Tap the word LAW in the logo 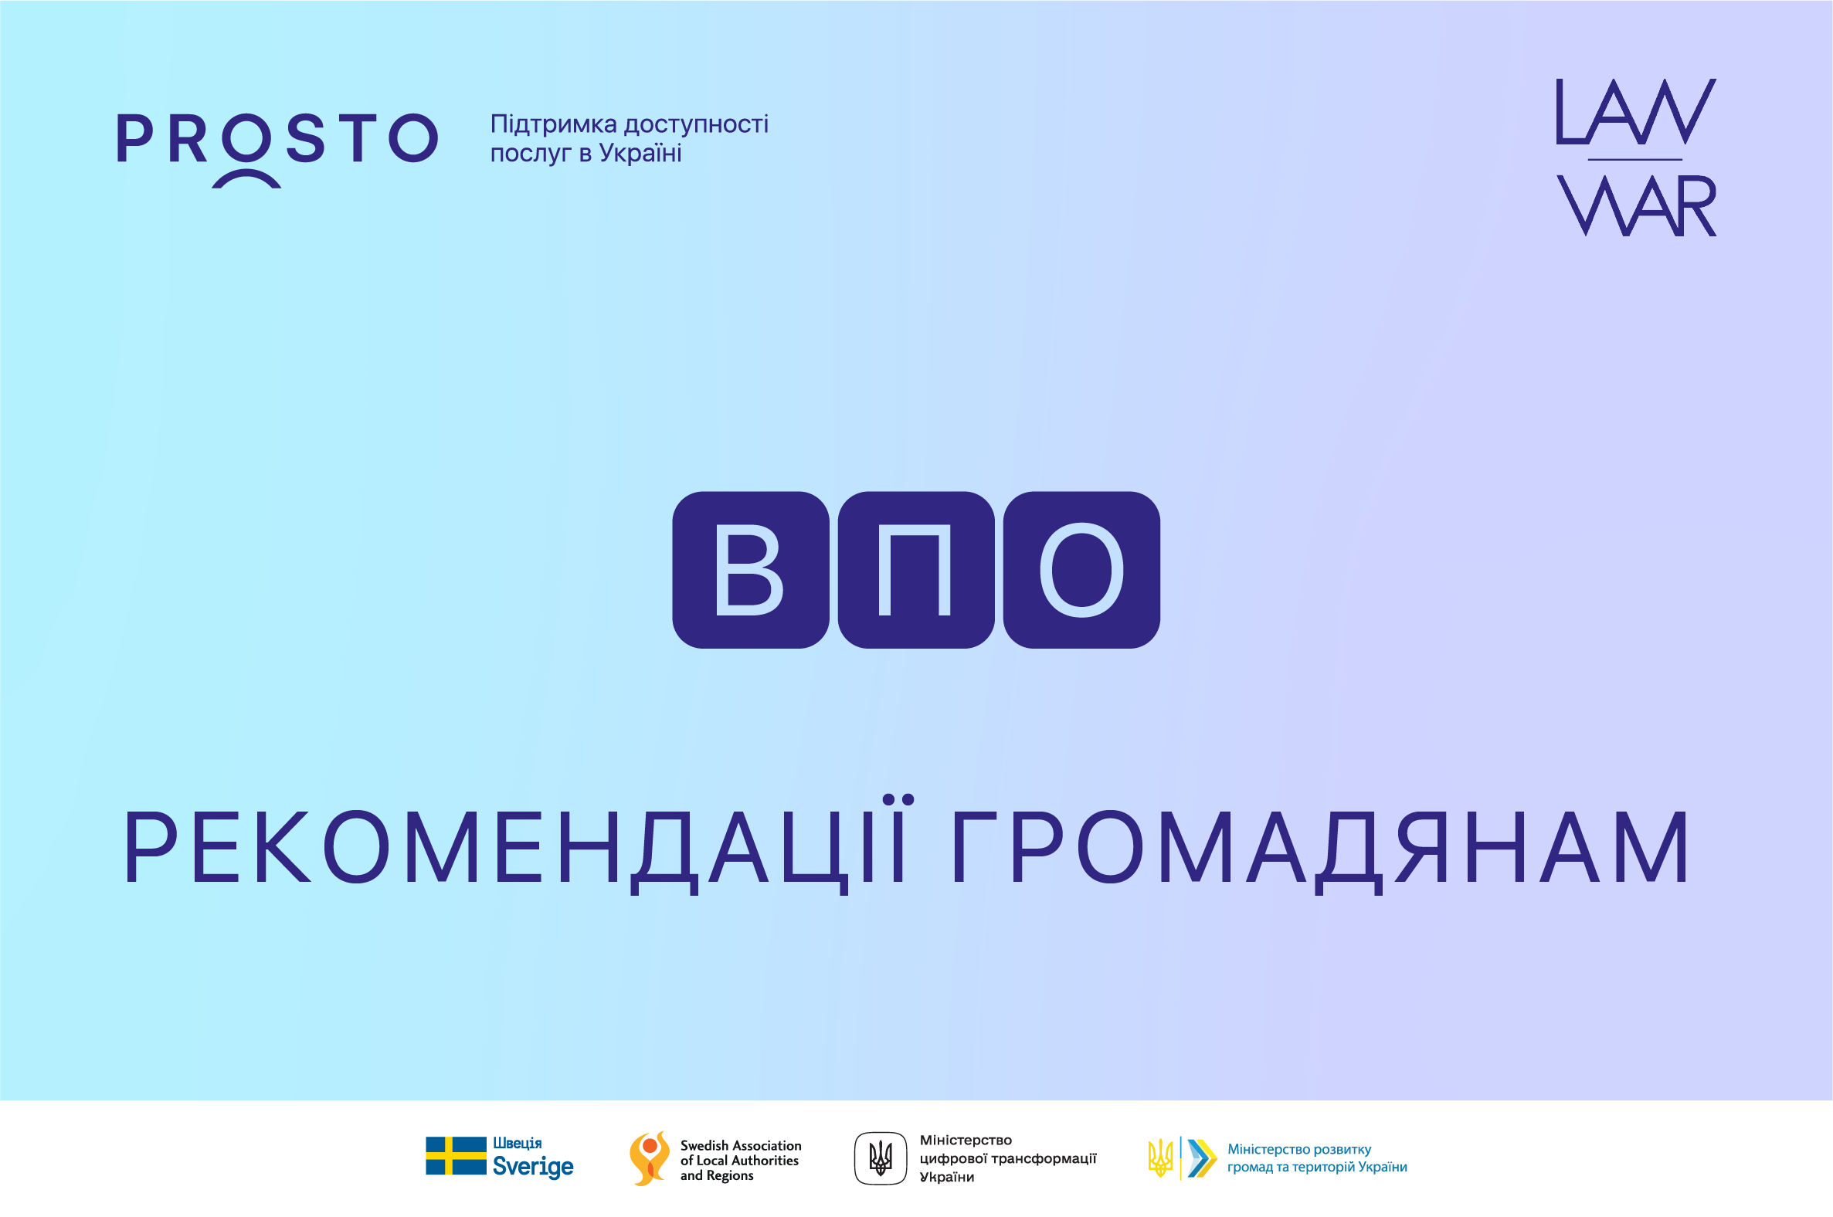tap(1636, 111)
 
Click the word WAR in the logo tap(1637, 205)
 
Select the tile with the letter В tap(751, 570)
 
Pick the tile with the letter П tap(916, 570)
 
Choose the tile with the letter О tap(1081, 570)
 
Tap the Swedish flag tap(456, 1157)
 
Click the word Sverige tap(532, 1167)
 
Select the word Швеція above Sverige tap(517, 1144)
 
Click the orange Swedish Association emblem tap(649, 1158)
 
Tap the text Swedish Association tap(741, 1146)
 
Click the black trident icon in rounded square tap(881, 1158)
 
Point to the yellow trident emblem tap(1160, 1158)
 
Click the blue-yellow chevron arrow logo tap(1202, 1158)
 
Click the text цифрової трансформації tap(1008, 1159)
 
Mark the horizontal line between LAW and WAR tap(1635, 160)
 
